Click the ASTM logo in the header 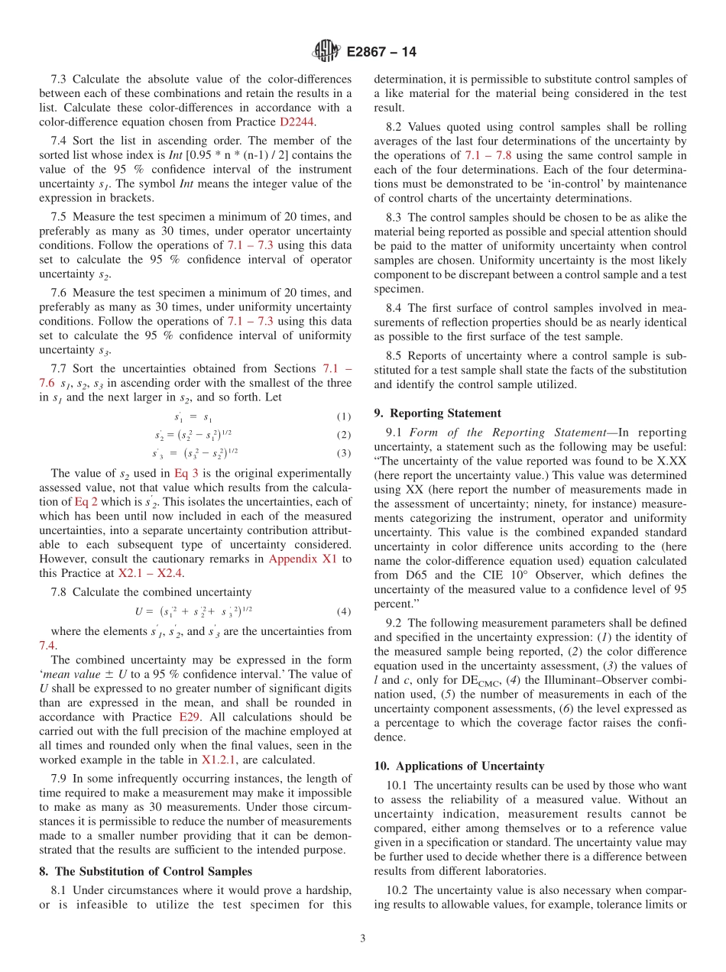pos(328,52)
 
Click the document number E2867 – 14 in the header pos(381,53)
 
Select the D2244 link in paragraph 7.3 pos(297,122)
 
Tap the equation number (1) pos(344,417)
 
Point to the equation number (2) pos(344,435)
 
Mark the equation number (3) pos(344,453)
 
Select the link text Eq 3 pos(186,473)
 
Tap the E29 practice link pos(190,717)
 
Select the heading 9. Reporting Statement pos(437,413)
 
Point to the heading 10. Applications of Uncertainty pos(459,766)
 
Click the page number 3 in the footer pos(363,938)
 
